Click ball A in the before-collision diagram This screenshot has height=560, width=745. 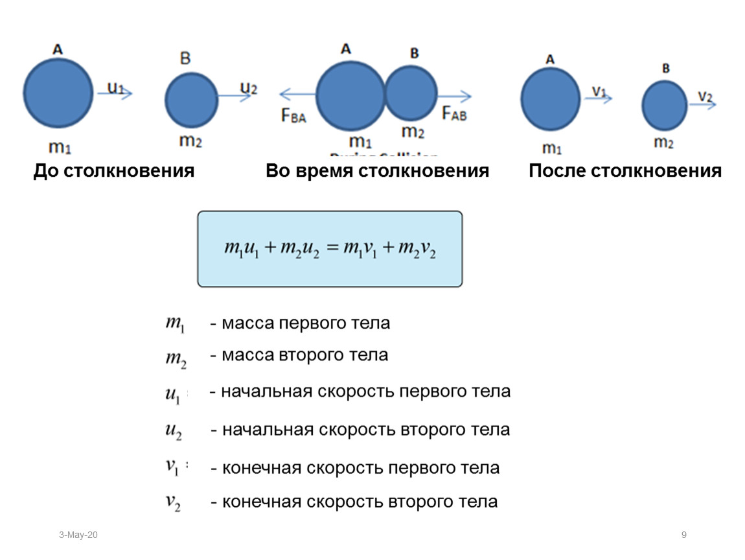coord(58,93)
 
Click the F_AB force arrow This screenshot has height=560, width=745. coord(455,97)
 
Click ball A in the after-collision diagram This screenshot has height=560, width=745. coord(551,100)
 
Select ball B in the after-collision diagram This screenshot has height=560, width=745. coord(664,106)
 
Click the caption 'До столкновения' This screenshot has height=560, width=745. coord(114,171)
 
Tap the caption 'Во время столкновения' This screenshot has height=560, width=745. coord(377,171)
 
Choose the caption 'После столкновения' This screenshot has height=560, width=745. coord(625,171)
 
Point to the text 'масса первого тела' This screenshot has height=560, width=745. coord(304,323)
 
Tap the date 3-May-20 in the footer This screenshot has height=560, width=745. coord(78,535)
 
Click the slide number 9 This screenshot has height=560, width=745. coord(683,535)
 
